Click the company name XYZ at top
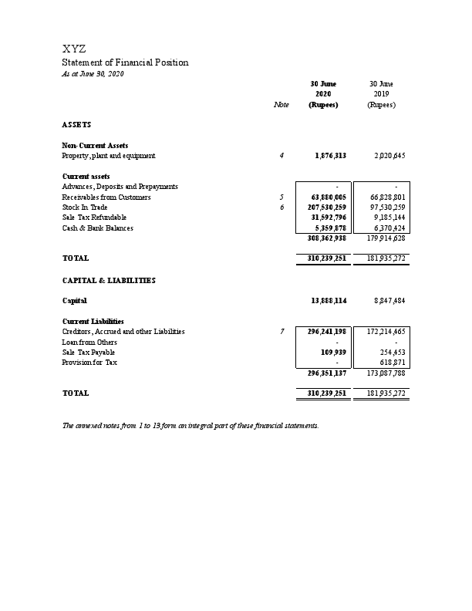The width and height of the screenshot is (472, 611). [74, 49]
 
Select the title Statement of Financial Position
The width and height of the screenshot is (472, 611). [124, 62]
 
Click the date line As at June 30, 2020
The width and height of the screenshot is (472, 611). [92, 73]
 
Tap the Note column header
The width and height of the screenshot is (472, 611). [282, 105]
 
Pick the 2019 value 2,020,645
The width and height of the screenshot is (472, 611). [389, 156]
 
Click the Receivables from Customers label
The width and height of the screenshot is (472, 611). [106, 197]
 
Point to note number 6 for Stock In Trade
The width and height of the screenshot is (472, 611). [282, 208]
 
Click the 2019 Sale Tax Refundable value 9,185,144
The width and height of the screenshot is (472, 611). [388, 218]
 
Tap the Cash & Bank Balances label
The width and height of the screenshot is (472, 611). [97, 228]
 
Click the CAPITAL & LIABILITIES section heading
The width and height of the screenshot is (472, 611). [108, 281]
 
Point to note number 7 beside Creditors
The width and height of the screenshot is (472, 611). [282, 332]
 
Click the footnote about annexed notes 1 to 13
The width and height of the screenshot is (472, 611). [190, 426]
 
